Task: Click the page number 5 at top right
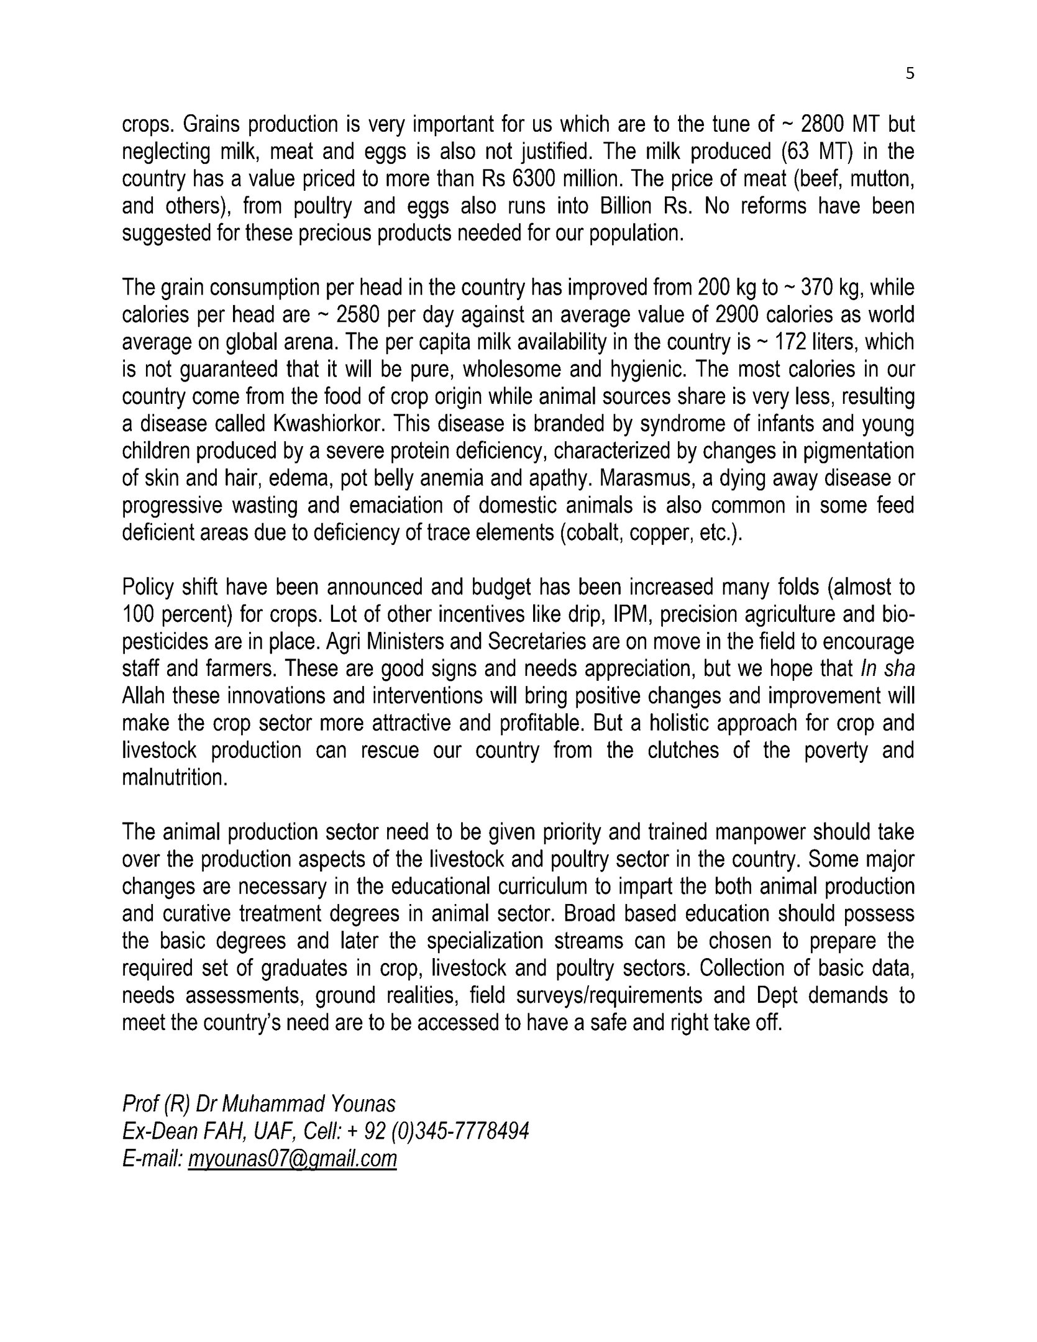coord(910,75)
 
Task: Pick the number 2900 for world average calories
coord(737,315)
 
